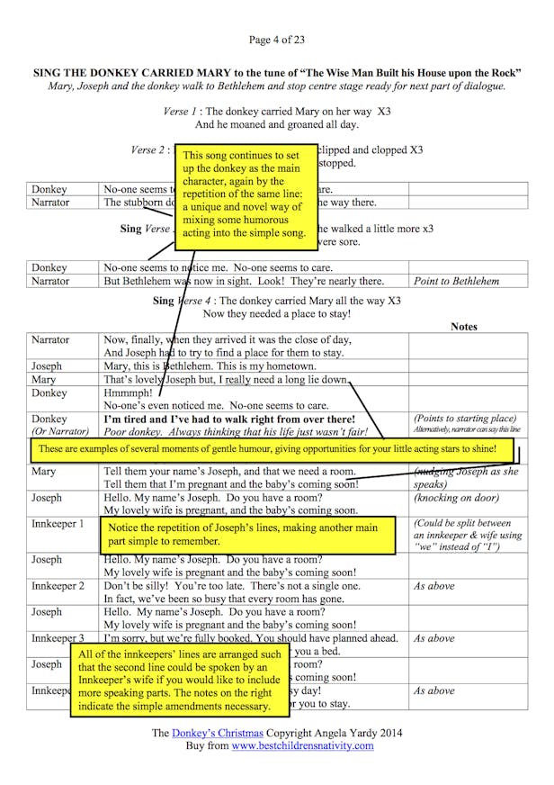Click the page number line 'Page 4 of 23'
[x=277, y=40]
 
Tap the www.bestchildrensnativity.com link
[x=302, y=746]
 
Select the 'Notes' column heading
[x=463, y=327]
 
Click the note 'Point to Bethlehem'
[x=456, y=281]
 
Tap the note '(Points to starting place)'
[x=464, y=419]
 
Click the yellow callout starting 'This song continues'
[x=246, y=198]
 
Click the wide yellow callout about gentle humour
[x=277, y=448]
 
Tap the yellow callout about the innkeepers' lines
[x=180, y=680]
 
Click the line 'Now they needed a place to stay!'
[x=277, y=313]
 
